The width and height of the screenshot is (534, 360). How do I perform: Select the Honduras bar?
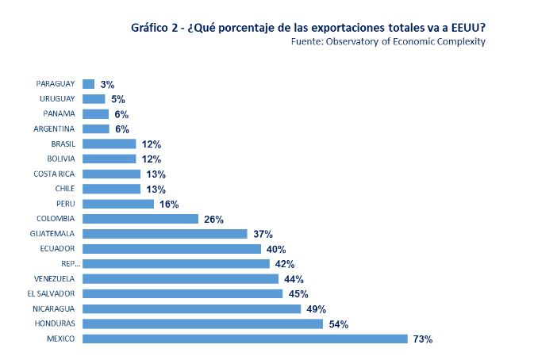(x=202, y=324)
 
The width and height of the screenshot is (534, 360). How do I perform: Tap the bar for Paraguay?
(x=88, y=83)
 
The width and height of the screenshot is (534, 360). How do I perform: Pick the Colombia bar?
(x=140, y=219)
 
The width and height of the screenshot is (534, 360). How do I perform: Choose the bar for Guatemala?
(x=165, y=234)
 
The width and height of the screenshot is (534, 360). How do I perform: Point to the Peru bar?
(x=118, y=204)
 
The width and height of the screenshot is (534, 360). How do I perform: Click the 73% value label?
(x=422, y=339)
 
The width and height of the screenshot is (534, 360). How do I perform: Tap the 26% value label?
(x=213, y=219)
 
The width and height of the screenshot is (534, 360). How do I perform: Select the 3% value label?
(x=107, y=84)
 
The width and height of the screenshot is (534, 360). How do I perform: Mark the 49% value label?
(x=317, y=308)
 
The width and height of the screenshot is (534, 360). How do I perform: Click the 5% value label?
(x=117, y=99)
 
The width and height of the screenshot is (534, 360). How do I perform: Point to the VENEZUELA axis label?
(x=54, y=278)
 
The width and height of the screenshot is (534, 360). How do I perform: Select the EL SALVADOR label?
(x=52, y=293)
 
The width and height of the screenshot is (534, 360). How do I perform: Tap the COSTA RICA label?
(x=54, y=174)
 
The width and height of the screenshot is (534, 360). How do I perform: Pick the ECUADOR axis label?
(x=57, y=248)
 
